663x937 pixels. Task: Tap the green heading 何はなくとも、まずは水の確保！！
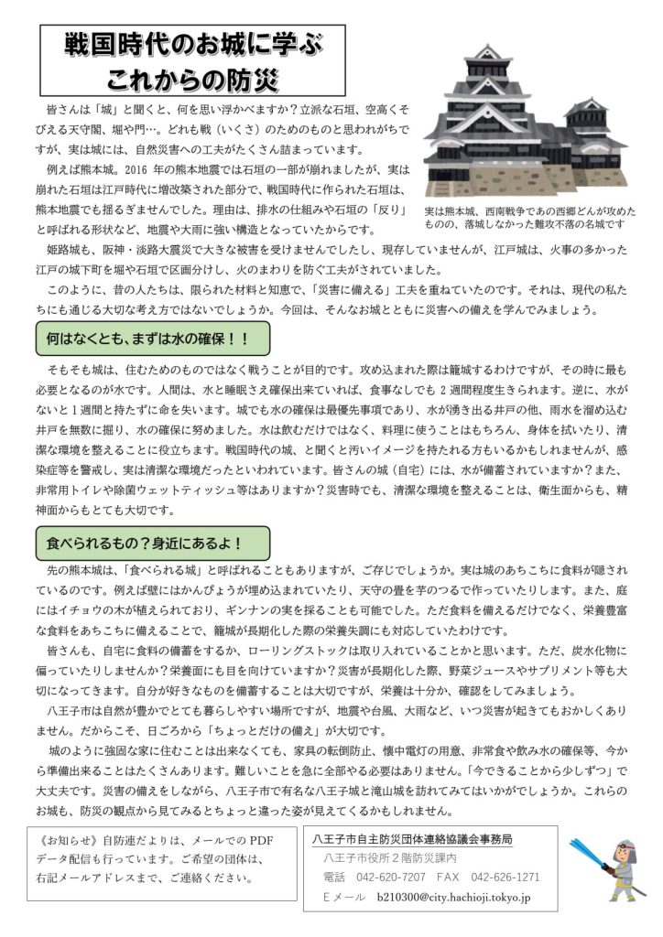click(x=147, y=339)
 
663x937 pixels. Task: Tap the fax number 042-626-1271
click(x=505, y=877)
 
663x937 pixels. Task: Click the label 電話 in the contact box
click(x=334, y=877)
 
